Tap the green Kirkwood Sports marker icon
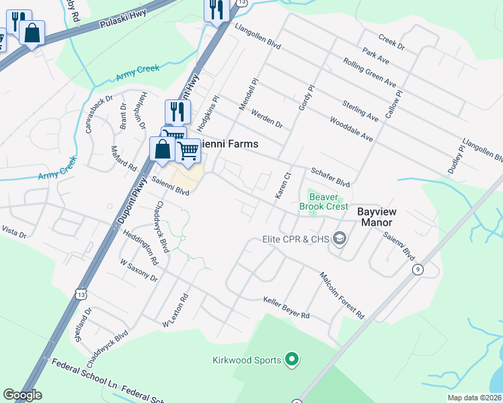[x=291, y=361]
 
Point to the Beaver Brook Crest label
[x=328, y=201]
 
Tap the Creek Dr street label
[x=391, y=42]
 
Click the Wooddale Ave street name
[x=351, y=129]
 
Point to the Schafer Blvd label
[x=330, y=178]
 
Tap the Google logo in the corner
[x=22, y=395]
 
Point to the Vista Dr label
[x=13, y=232]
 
